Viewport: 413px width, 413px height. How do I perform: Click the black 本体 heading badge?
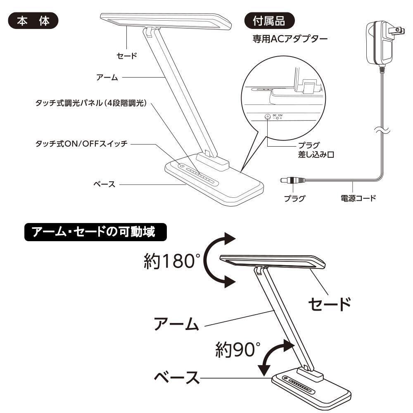coord(33,21)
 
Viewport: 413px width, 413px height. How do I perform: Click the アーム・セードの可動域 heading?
coord(95,233)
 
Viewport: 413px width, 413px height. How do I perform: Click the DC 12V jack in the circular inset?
coord(267,117)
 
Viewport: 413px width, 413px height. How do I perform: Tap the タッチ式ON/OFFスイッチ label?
coord(81,143)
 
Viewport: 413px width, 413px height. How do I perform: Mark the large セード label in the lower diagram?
coord(330,305)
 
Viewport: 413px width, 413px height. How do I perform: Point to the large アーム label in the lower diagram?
coord(177,324)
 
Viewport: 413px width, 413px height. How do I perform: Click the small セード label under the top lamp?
coord(126,56)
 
